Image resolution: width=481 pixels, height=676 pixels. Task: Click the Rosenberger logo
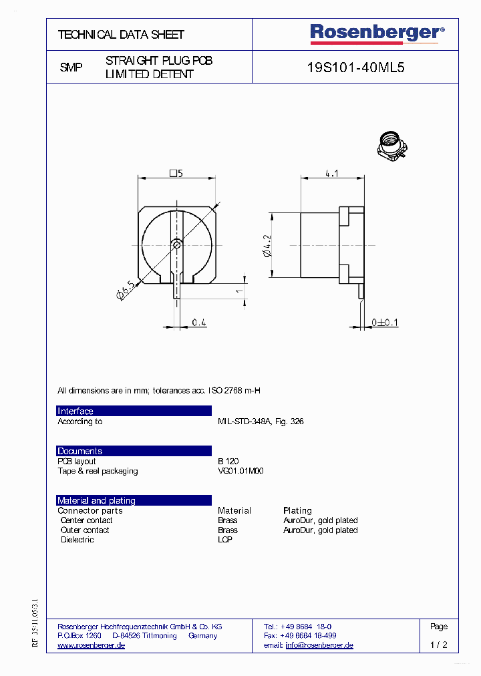pyautogui.click(x=376, y=33)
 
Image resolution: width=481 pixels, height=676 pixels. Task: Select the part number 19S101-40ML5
pyautogui.click(x=355, y=67)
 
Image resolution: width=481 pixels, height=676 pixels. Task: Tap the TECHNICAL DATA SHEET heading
pyautogui.click(x=121, y=34)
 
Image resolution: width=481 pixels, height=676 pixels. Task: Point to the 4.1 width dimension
pyautogui.click(x=331, y=173)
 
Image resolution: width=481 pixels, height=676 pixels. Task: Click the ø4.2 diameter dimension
pyautogui.click(x=267, y=245)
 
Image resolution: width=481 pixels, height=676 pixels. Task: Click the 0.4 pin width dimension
pyautogui.click(x=199, y=323)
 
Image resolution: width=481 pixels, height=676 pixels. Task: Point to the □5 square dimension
pyautogui.click(x=176, y=173)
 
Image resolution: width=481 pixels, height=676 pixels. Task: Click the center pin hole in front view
pyautogui.click(x=176, y=245)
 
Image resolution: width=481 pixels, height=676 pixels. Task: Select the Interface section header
pyautogui.click(x=75, y=411)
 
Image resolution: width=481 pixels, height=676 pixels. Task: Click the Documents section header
pyautogui.click(x=80, y=451)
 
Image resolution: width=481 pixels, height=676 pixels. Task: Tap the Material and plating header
pyautogui.click(x=96, y=500)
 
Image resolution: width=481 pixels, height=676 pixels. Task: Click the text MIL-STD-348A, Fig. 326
pyautogui.click(x=261, y=421)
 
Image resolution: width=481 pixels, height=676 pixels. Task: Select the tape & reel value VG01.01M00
pyautogui.click(x=240, y=471)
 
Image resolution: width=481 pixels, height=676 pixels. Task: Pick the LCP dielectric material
pyautogui.click(x=225, y=540)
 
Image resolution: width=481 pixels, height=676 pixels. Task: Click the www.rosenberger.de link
pyautogui.click(x=92, y=645)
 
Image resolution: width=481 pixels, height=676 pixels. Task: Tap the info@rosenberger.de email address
pyautogui.click(x=319, y=645)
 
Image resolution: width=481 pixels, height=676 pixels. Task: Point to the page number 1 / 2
pyautogui.click(x=438, y=645)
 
